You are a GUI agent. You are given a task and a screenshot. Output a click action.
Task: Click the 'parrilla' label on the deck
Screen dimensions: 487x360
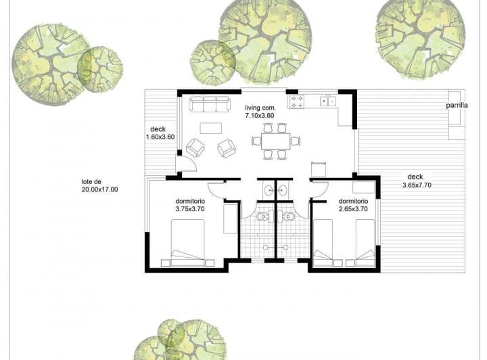(457, 106)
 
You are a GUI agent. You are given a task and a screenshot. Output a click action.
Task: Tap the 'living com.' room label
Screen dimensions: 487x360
(260, 108)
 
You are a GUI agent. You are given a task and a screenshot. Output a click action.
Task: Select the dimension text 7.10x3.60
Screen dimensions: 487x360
(260, 116)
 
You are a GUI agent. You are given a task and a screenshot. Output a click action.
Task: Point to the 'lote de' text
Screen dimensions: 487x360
(91, 182)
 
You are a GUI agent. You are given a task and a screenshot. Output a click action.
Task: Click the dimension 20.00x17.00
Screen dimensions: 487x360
(99, 189)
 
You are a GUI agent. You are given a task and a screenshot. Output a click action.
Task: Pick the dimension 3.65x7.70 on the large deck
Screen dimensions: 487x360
(417, 185)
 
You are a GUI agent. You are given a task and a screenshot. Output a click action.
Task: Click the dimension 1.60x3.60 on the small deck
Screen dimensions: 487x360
(160, 137)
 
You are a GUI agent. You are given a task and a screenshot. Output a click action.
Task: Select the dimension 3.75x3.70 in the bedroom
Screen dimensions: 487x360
(190, 209)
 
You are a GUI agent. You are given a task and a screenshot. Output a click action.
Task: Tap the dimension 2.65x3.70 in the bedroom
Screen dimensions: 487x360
(353, 209)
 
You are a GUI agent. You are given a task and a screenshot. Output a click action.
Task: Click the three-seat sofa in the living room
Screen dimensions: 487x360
(210, 104)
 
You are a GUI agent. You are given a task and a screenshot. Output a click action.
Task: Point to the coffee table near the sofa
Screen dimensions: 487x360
(210, 129)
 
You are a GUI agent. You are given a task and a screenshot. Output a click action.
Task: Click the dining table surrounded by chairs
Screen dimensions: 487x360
(275, 141)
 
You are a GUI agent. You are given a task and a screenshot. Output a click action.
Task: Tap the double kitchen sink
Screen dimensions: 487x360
(328, 102)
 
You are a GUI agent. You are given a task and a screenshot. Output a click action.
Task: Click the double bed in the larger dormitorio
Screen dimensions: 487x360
(187, 243)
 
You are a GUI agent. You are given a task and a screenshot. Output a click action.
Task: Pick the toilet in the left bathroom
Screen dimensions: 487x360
(262, 217)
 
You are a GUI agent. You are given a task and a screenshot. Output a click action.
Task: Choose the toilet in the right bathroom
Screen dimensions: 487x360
(289, 217)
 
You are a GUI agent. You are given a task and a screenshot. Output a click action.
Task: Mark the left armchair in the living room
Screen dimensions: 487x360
(195, 148)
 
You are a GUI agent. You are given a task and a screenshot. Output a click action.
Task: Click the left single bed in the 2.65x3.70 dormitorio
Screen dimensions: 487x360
(323, 243)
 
